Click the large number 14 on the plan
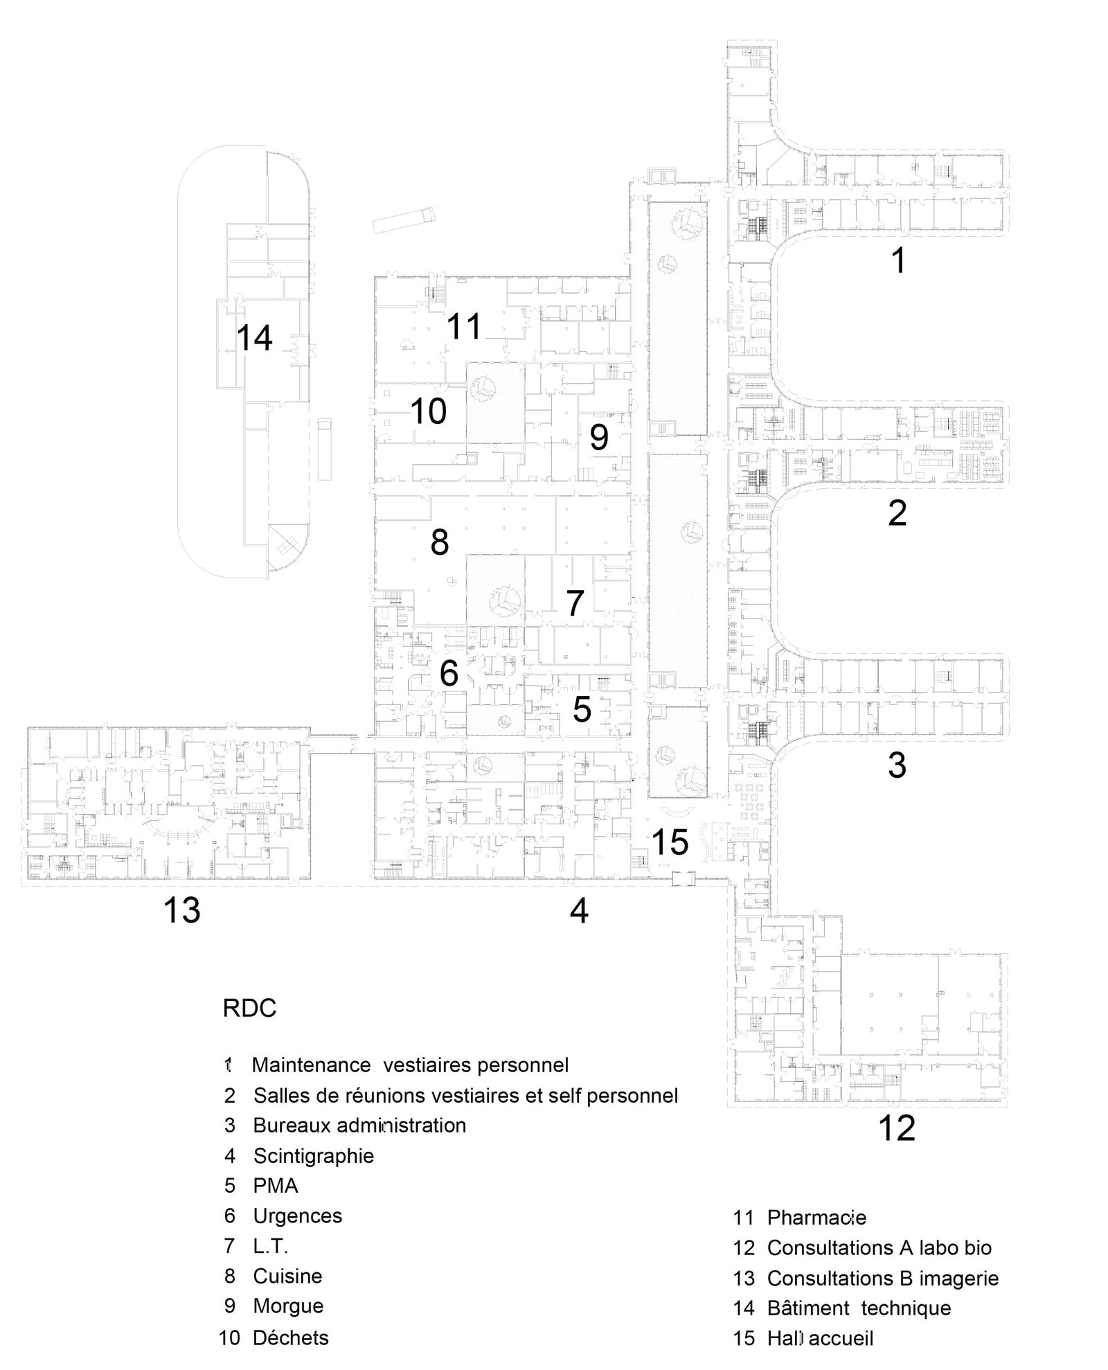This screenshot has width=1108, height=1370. click(254, 338)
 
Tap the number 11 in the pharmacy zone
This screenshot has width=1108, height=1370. click(463, 326)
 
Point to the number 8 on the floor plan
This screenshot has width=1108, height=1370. click(439, 542)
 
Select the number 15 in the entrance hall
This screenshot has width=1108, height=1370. click(670, 842)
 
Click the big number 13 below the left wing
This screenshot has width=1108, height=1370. click(181, 909)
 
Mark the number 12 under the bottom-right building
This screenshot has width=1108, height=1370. click(896, 1128)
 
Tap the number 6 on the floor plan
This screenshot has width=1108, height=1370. click(449, 673)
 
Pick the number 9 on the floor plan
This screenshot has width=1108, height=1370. click(599, 437)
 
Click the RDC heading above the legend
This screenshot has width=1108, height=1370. click(249, 1008)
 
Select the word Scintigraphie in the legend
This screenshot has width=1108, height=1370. click(313, 1155)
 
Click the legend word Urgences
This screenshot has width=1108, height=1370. click(297, 1216)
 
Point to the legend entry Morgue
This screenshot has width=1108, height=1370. click(288, 1306)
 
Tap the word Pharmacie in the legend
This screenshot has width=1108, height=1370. click(816, 1217)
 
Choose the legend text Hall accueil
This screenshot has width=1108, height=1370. click(820, 1338)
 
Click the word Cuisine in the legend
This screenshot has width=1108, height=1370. click(287, 1276)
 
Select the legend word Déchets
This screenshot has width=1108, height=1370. click(290, 1337)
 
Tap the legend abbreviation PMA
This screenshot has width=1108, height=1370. click(276, 1186)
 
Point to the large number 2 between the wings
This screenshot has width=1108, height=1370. click(897, 513)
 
